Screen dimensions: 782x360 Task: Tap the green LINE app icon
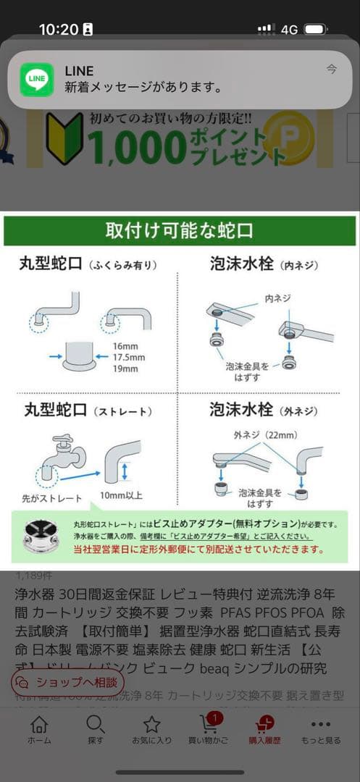tap(36, 80)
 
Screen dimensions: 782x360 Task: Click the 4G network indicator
tap(290, 30)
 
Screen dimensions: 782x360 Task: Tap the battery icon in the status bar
tap(316, 30)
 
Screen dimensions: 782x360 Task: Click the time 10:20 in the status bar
tap(58, 30)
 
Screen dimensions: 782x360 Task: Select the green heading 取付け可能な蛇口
tap(180, 231)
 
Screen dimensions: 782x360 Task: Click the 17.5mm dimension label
tap(130, 358)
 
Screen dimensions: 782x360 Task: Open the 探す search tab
tap(95, 728)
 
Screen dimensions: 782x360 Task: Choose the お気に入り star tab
tap(151, 728)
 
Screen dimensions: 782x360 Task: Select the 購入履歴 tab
tap(264, 728)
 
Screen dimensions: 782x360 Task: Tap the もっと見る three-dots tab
tap(320, 728)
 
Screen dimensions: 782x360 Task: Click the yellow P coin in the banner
tap(288, 137)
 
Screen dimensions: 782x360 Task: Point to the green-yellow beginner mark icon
tap(64, 138)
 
